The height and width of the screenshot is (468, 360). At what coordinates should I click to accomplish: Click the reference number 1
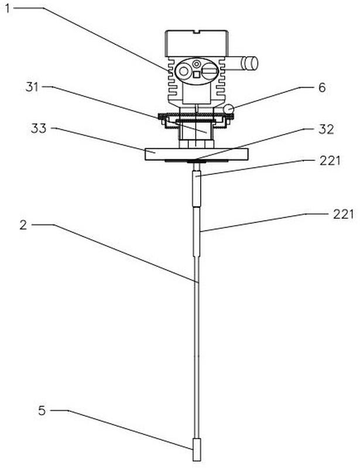pyautogui.click(x=8, y=8)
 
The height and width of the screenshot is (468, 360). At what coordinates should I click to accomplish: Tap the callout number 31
pyautogui.click(x=32, y=87)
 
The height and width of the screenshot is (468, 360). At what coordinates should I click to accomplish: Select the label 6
pyautogui.click(x=322, y=87)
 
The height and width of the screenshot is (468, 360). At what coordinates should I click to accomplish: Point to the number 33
pyautogui.click(x=39, y=128)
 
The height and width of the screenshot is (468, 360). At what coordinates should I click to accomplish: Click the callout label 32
pyautogui.click(x=326, y=129)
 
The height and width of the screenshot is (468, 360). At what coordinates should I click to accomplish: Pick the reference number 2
pyautogui.click(x=23, y=225)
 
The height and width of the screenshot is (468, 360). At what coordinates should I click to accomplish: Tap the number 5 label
pyautogui.click(x=42, y=411)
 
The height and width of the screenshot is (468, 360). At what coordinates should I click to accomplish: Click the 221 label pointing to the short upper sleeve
pyautogui.click(x=330, y=160)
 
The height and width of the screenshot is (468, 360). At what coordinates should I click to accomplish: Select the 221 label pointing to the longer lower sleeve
pyautogui.click(x=343, y=214)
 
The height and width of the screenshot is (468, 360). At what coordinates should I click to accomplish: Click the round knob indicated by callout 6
pyautogui.click(x=228, y=108)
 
